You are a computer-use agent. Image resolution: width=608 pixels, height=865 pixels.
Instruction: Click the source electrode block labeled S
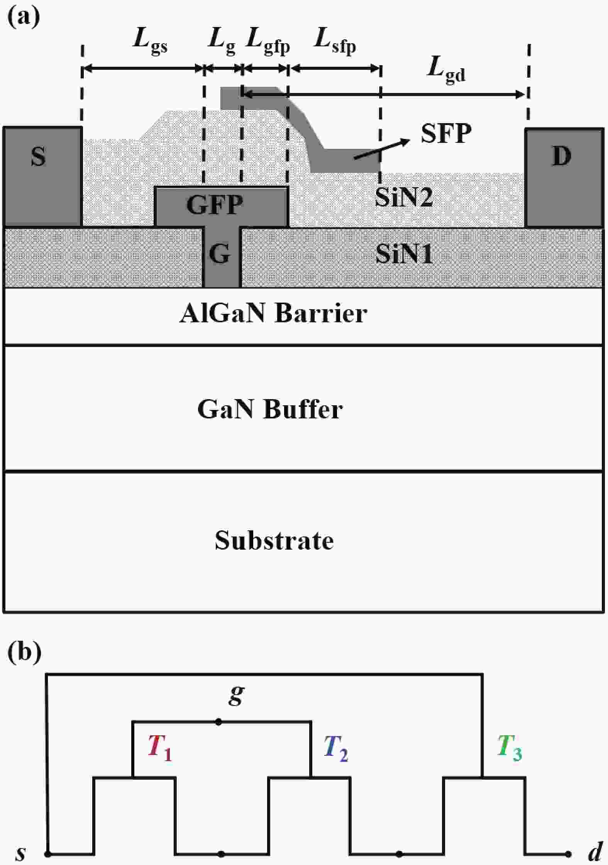click(42, 176)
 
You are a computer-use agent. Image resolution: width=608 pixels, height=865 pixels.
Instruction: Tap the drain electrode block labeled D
click(564, 178)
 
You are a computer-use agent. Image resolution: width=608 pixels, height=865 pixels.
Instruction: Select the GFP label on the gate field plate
click(215, 205)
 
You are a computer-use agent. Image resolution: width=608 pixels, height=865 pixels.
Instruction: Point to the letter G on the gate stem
click(220, 254)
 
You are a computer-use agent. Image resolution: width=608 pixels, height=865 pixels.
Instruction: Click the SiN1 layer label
click(404, 254)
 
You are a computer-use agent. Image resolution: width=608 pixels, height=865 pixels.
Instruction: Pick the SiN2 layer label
click(404, 197)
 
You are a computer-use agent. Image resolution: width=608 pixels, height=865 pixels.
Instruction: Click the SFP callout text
click(446, 134)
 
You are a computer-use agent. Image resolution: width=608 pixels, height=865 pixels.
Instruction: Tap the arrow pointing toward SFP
click(382, 149)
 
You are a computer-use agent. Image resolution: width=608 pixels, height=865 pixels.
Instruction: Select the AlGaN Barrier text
click(273, 313)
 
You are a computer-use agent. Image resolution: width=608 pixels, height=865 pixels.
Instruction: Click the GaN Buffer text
click(270, 409)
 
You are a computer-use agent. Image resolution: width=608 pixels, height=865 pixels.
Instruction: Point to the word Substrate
click(274, 540)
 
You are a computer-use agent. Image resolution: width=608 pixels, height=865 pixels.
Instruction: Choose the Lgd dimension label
click(446, 69)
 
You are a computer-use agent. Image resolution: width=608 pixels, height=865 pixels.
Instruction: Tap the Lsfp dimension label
click(335, 42)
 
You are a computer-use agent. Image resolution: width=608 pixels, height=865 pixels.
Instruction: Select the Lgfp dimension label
click(268, 42)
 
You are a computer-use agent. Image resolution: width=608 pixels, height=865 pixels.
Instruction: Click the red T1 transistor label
click(160, 748)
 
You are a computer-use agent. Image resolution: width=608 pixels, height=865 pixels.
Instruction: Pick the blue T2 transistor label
click(336, 748)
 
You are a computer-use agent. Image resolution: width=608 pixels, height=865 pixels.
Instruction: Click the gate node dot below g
click(218, 721)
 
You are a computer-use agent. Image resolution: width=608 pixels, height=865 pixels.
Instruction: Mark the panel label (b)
click(24, 652)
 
